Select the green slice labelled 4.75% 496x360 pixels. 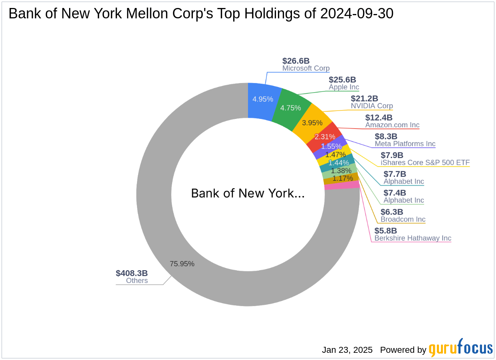(x=291, y=108)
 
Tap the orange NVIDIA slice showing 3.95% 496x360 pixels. (x=312, y=123)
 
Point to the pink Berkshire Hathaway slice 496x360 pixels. (x=341, y=185)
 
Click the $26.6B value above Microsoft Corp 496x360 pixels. (x=296, y=61)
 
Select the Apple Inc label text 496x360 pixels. (x=344, y=87)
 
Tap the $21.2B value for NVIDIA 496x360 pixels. (x=364, y=99)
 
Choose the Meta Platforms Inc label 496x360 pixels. (x=405, y=144)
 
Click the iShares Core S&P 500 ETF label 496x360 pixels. (x=425, y=162)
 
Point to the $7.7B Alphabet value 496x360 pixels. (x=395, y=174)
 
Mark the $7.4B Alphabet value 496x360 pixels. (x=395, y=193)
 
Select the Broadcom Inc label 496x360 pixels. (x=403, y=219)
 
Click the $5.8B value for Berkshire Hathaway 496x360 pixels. (x=385, y=231)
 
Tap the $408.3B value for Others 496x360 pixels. (x=132, y=273)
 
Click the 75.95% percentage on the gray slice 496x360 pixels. (x=182, y=264)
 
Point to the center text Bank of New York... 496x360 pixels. (x=248, y=194)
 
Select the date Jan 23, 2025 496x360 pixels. (x=347, y=350)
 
